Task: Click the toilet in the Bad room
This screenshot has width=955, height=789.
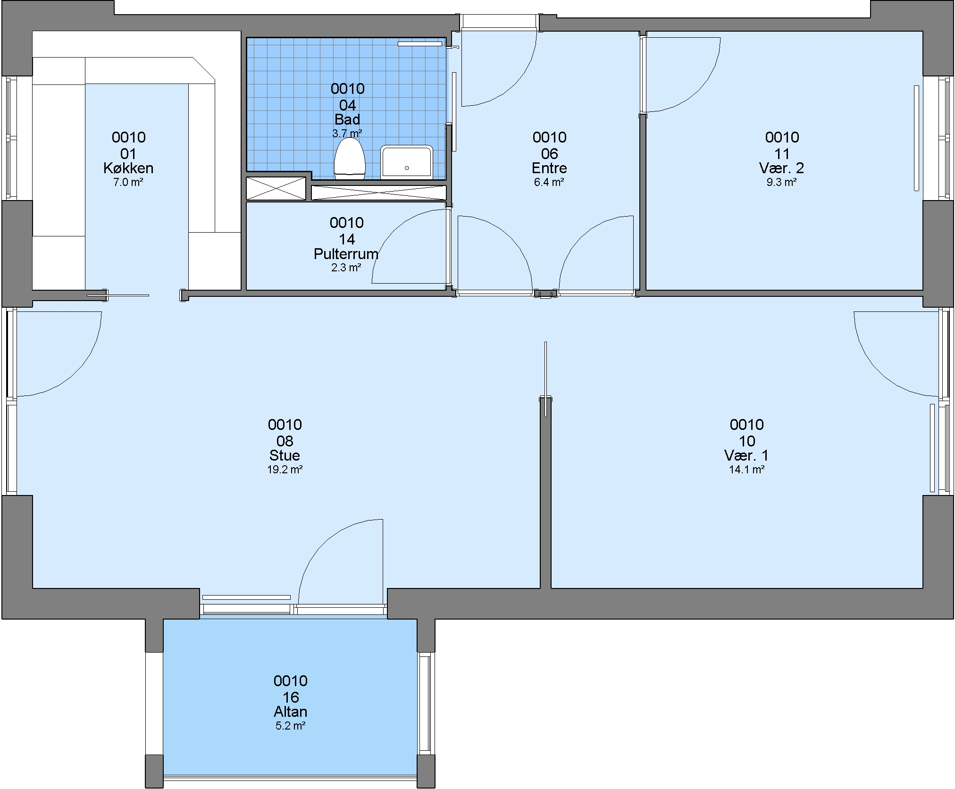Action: [350, 159]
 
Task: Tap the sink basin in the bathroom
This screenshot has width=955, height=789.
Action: [407, 162]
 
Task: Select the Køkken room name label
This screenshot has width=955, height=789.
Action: [128, 168]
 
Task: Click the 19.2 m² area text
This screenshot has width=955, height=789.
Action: [285, 470]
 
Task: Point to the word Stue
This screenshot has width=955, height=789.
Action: [285, 455]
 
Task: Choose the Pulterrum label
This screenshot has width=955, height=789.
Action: [346, 254]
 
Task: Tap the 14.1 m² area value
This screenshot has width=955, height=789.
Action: [747, 470]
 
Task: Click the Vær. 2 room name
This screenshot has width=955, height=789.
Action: [782, 168]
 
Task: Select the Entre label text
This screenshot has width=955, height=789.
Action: [550, 168]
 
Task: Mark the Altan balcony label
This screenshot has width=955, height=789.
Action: [291, 712]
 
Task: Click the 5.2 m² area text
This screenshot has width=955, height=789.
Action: [291, 726]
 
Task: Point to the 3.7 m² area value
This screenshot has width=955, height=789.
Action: [347, 134]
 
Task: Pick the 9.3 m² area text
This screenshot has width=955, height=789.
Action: [782, 182]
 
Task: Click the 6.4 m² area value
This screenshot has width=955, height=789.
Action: [550, 182]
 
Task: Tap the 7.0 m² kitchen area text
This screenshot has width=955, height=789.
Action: [128, 182]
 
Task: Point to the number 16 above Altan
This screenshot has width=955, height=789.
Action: [291, 697]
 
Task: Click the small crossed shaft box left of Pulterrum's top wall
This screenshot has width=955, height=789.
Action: [276, 188]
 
